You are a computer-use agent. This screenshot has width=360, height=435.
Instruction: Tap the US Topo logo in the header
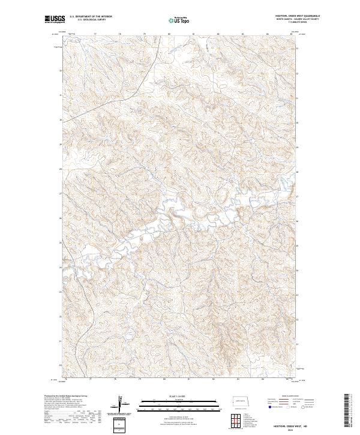coord(179,20)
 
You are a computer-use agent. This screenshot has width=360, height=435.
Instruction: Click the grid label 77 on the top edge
coord(96,34)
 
